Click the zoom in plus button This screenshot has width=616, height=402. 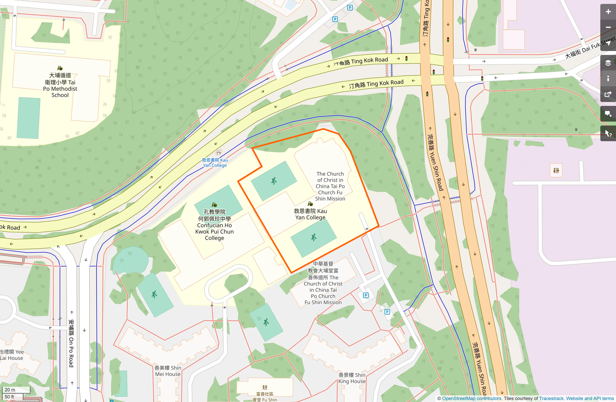[608, 12]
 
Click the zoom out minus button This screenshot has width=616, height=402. [608, 27]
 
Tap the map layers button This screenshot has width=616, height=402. [608, 63]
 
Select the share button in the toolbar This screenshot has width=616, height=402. [608, 94]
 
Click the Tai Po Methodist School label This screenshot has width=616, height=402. [60, 85]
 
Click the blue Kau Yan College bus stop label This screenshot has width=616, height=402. [215, 162]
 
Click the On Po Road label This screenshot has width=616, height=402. [71, 343]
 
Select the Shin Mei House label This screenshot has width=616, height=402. [168, 371]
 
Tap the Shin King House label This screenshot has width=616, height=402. [352, 378]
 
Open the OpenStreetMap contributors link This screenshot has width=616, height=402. [471, 398]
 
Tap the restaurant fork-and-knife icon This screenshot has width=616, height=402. [556, 170]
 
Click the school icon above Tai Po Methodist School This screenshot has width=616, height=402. [60, 68]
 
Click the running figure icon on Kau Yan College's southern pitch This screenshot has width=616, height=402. [314, 238]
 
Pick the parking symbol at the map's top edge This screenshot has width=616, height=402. [350, 8]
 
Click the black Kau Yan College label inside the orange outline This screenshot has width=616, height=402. [310, 214]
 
